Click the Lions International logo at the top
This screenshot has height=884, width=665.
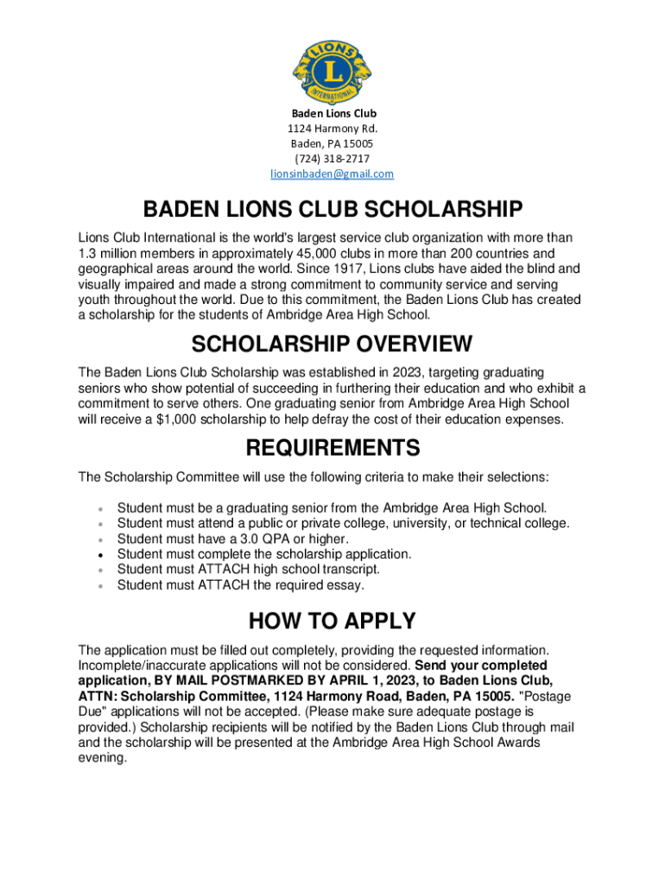(332, 66)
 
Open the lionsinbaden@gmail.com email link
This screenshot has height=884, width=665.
(332, 174)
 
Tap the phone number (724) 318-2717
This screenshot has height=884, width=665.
(332, 159)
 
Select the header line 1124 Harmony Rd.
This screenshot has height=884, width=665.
(332, 129)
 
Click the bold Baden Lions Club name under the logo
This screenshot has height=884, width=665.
(332, 113)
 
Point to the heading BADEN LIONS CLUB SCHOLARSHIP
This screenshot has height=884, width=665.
(332, 210)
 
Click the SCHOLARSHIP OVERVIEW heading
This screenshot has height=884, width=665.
(332, 344)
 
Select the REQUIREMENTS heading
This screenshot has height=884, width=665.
(332, 448)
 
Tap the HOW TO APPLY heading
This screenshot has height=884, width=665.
(332, 621)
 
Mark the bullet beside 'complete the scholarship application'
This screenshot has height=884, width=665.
(102, 554)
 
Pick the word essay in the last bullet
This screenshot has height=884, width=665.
(346, 585)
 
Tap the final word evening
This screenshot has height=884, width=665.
(102, 758)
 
